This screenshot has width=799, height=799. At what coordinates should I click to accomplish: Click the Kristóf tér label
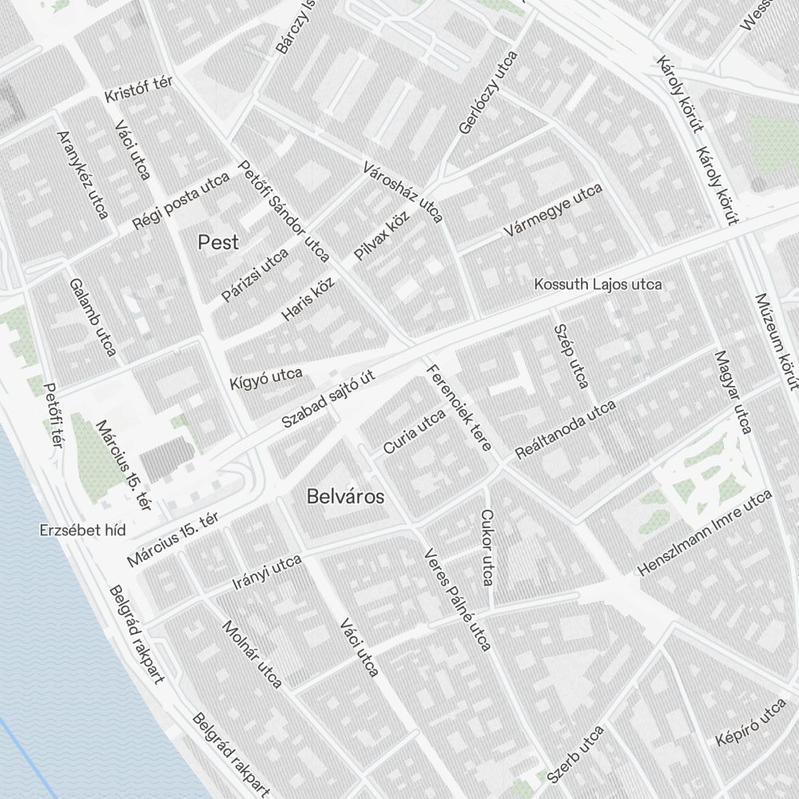point(139,89)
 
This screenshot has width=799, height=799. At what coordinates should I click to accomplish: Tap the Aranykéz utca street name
point(82,174)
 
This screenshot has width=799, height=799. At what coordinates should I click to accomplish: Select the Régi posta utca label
point(181,201)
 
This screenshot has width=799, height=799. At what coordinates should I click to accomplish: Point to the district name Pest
point(218,242)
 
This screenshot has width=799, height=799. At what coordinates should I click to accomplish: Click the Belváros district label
point(345,497)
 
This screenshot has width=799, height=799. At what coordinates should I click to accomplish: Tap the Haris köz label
point(308,300)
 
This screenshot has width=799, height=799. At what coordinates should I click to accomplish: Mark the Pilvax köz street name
point(382,237)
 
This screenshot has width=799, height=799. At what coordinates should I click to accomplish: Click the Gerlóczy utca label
point(489,92)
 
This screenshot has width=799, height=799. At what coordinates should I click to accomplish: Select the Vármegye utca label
point(552,211)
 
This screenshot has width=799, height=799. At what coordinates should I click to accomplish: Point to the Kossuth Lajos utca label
point(598,284)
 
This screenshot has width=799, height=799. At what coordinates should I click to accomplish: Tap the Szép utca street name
point(570,356)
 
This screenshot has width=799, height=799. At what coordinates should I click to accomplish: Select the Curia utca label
point(414,431)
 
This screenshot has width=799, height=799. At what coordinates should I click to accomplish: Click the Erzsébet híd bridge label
point(83,531)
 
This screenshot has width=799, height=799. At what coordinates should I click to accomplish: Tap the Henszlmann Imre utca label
point(705,533)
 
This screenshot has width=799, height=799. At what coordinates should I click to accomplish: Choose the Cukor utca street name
point(487,547)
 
